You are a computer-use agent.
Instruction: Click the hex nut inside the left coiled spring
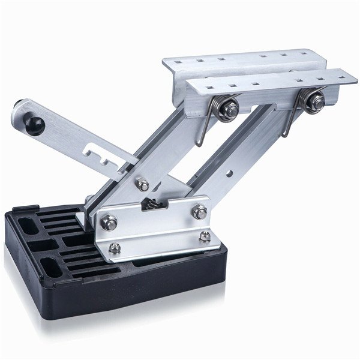click(x=229, y=109)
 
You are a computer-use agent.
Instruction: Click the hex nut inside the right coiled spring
click(x=314, y=101)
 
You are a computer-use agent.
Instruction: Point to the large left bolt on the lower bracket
click(x=109, y=223)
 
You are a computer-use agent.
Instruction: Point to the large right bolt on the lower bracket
click(x=199, y=211)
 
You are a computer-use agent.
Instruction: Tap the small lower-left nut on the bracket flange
click(x=114, y=248)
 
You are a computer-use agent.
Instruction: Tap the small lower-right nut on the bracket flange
click(x=205, y=236)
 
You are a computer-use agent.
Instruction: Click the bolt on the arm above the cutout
click(x=142, y=184)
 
